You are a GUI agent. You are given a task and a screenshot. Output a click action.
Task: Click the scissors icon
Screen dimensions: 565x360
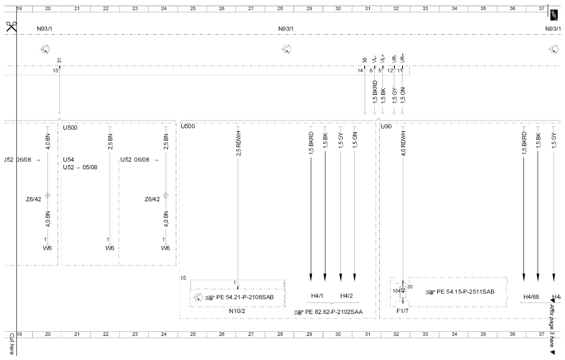coord(11,27)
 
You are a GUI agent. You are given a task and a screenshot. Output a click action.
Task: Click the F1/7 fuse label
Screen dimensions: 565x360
coord(403,311)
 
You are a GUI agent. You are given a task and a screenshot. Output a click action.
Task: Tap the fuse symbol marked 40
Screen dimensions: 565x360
coord(403,291)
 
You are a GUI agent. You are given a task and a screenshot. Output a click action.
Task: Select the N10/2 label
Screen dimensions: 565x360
coord(237,311)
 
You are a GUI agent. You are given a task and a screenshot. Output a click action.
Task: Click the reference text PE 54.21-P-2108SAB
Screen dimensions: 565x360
coord(245,297)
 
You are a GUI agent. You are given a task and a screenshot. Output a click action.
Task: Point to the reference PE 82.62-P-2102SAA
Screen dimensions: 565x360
coord(334,312)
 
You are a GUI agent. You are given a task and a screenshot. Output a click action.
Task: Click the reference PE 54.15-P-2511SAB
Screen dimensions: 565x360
coord(466,292)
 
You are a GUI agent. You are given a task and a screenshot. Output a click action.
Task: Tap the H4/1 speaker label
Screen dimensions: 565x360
coord(317,296)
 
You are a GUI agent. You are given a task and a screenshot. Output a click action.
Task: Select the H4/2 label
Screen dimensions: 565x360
coord(346,296)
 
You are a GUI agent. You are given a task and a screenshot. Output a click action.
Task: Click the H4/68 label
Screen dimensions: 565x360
coord(531,297)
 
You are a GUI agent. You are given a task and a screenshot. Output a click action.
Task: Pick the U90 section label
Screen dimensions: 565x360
coord(386,126)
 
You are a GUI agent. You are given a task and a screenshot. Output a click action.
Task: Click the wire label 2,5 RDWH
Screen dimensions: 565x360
coord(239,143)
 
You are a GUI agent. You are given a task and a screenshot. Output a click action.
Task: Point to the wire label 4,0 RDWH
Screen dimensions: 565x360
coord(403,143)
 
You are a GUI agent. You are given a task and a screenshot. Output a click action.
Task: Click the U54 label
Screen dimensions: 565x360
coord(68,160)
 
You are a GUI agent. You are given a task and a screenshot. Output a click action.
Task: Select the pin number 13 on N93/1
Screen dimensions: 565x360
coord(55,71)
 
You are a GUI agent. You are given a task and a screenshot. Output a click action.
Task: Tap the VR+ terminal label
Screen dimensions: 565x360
coord(403,58)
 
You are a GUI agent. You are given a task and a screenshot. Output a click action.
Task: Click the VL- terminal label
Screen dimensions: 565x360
coord(374,59)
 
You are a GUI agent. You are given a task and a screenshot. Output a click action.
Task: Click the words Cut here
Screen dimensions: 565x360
coord(12,344)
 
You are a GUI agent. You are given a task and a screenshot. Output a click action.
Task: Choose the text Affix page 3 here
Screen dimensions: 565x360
coord(552,326)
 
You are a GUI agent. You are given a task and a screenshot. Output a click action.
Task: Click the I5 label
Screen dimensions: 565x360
coord(183,278)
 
